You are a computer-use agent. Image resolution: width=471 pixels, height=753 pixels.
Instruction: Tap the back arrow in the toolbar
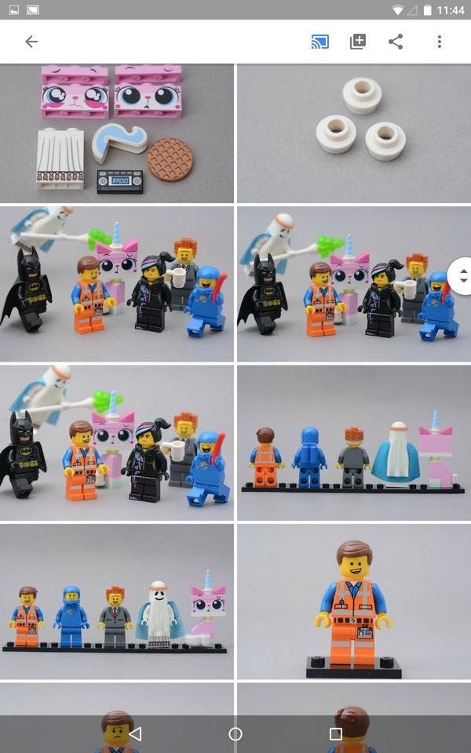tap(31, 42)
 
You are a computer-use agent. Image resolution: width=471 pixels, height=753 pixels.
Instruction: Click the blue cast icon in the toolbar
tap(319, 42)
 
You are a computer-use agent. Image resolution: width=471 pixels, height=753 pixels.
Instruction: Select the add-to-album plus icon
tap(358, 42)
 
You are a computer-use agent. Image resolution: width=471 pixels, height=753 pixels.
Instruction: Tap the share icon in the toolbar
tap(396, 42)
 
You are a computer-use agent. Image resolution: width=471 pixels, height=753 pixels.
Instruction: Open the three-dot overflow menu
tap(440, 42)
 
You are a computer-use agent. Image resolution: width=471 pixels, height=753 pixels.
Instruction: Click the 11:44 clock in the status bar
tap(451, 10)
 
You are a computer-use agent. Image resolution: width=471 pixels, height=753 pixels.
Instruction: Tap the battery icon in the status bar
tap(427, 10)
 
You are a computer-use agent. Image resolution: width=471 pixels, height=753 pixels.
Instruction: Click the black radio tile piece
tap(119, 181)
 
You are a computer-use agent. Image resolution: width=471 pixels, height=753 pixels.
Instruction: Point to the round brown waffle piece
tap(170, 159)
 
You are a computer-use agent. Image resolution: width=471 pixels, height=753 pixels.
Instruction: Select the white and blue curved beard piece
tap(119, 143)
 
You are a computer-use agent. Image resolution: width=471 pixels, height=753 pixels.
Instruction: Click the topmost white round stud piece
tap(363, 95)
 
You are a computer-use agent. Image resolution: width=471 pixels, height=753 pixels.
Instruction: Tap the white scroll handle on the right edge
tap(462, 276)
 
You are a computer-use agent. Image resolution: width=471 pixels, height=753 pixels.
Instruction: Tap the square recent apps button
tap(335, 733)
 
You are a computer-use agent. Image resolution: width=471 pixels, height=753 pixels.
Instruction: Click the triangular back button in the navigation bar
tap(136, 733)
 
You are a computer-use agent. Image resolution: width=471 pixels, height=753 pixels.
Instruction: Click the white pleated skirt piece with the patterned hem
tap(60, 158)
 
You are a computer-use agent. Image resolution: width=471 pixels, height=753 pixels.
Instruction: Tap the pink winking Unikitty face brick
tap(75, 92)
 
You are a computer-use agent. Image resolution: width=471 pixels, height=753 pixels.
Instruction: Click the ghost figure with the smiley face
tap(157, 614)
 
